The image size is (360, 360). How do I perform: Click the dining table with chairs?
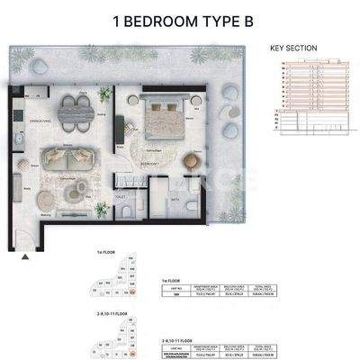point(74,109)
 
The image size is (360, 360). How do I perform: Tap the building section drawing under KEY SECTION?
point(306,90)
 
